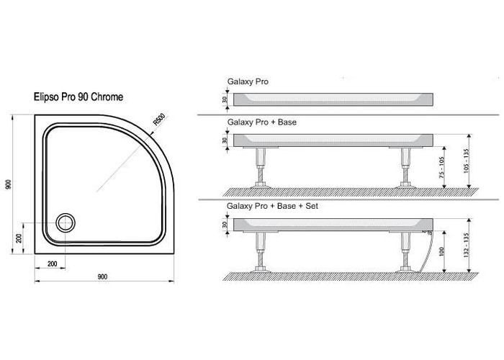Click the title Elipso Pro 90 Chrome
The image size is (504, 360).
coord(78,96)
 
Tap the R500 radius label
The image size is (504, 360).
coord(159,120)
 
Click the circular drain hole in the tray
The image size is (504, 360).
coord(66,222)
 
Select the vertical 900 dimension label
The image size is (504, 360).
coord(9,184)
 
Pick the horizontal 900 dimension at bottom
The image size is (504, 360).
coord(102,276)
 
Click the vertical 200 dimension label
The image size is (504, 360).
coord(19,238)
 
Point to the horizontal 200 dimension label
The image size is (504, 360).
coord(53,264)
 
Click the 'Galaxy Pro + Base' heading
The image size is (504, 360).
coord(262,122)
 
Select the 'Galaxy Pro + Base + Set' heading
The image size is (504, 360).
coord(273,206)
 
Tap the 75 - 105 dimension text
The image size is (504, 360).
coord(441,167)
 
